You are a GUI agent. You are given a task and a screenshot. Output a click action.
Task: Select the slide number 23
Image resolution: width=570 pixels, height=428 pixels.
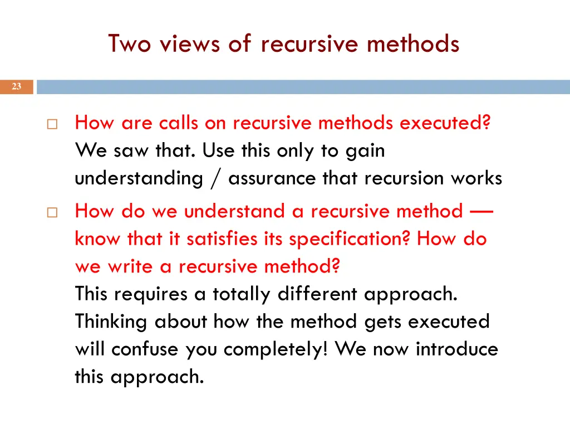point(16,86)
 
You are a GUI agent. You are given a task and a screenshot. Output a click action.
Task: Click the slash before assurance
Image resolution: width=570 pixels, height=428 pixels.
point(215,179)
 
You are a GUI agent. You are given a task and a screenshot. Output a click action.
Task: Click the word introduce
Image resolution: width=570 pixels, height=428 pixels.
point(457,349)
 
